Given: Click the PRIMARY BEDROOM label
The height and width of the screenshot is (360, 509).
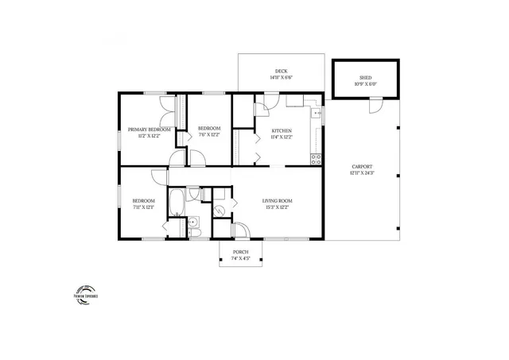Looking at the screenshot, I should pos(150,130).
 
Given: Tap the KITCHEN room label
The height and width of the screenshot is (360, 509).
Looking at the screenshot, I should pos(282,130).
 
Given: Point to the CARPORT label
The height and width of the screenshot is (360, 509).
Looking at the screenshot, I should pos(362,166).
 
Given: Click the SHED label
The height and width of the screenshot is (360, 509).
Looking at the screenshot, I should pos(366,78).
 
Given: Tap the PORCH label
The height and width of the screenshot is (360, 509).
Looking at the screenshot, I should pos(240,252).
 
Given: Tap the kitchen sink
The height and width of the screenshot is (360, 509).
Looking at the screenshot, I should pos(316,114).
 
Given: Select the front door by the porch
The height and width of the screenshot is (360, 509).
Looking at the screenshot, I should pos(238,232).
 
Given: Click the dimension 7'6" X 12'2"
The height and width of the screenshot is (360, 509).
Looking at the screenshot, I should pos(208,135).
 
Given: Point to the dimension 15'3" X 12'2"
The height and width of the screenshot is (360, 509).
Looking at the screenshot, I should pos(278,207).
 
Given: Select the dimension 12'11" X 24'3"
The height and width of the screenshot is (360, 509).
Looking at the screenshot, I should pos(362,172).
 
